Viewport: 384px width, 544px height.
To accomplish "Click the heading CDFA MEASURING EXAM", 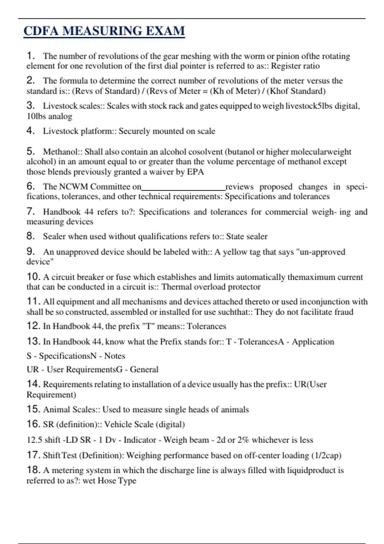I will (104, 31).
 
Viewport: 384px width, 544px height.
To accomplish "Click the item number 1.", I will (31, 56).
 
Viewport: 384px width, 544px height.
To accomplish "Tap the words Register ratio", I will (295, 66).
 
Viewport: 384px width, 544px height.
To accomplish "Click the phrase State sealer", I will (247, 236).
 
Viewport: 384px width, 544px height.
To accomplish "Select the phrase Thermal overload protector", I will (211, 287).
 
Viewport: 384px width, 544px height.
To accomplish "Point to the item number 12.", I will (33, 326).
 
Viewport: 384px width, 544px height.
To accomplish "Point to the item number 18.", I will (33, 470).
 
